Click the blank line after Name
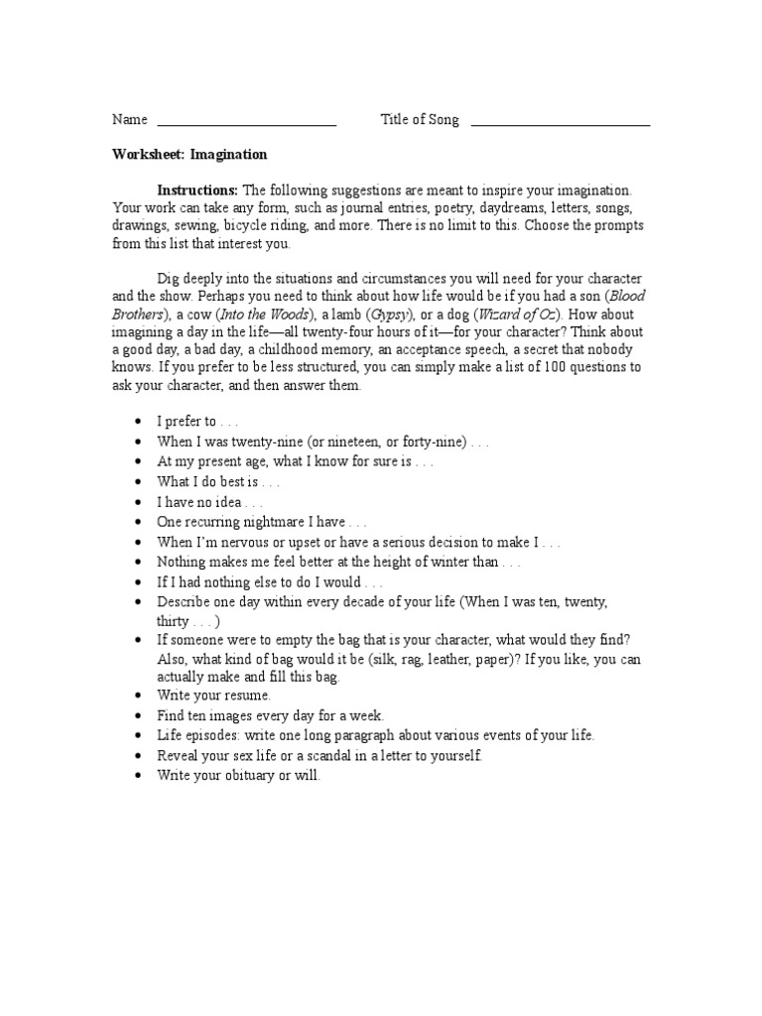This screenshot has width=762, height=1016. pos(246,123)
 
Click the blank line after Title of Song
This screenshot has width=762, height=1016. pos(560,123)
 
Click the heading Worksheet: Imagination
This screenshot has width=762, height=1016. pos(190,155)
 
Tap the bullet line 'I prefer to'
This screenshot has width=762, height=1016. pos(196,421)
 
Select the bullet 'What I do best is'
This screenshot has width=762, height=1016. pos(218,481)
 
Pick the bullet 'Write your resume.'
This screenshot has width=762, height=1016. pos(213,695)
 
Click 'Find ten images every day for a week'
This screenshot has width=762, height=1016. pos(270,714)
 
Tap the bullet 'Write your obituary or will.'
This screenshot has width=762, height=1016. pos(238,776)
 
